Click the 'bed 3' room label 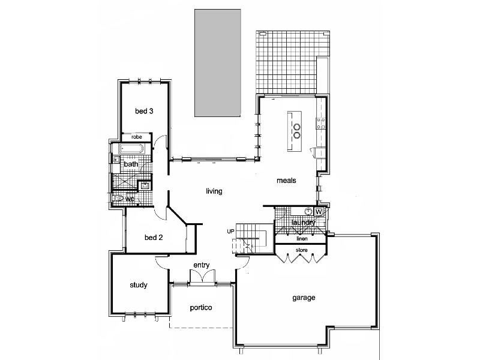(144, 111)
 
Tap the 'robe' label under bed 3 (137, 136)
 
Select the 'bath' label (131, 164)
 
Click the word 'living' (214, 191)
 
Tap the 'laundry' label (303, 223)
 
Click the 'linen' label (302, 238)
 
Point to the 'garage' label (304, 297)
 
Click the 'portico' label (201, 308)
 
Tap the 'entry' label (200, 265)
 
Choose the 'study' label (139, 285)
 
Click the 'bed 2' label (154, 237)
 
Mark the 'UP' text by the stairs (230, 232)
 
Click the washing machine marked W (319, 212)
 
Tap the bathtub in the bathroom (133, 149)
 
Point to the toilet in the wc (118, 197)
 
